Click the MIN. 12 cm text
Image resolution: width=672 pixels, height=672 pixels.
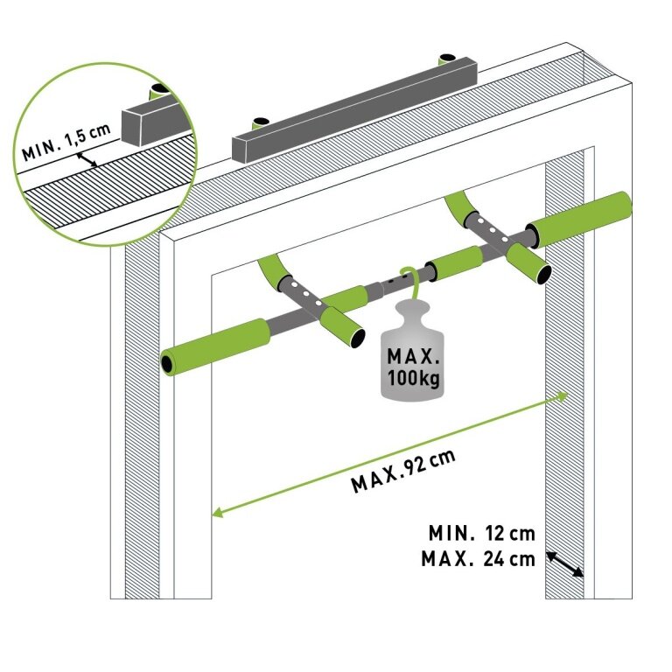[x=480, y=532]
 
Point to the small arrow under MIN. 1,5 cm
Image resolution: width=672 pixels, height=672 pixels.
[x=87, y=160]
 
